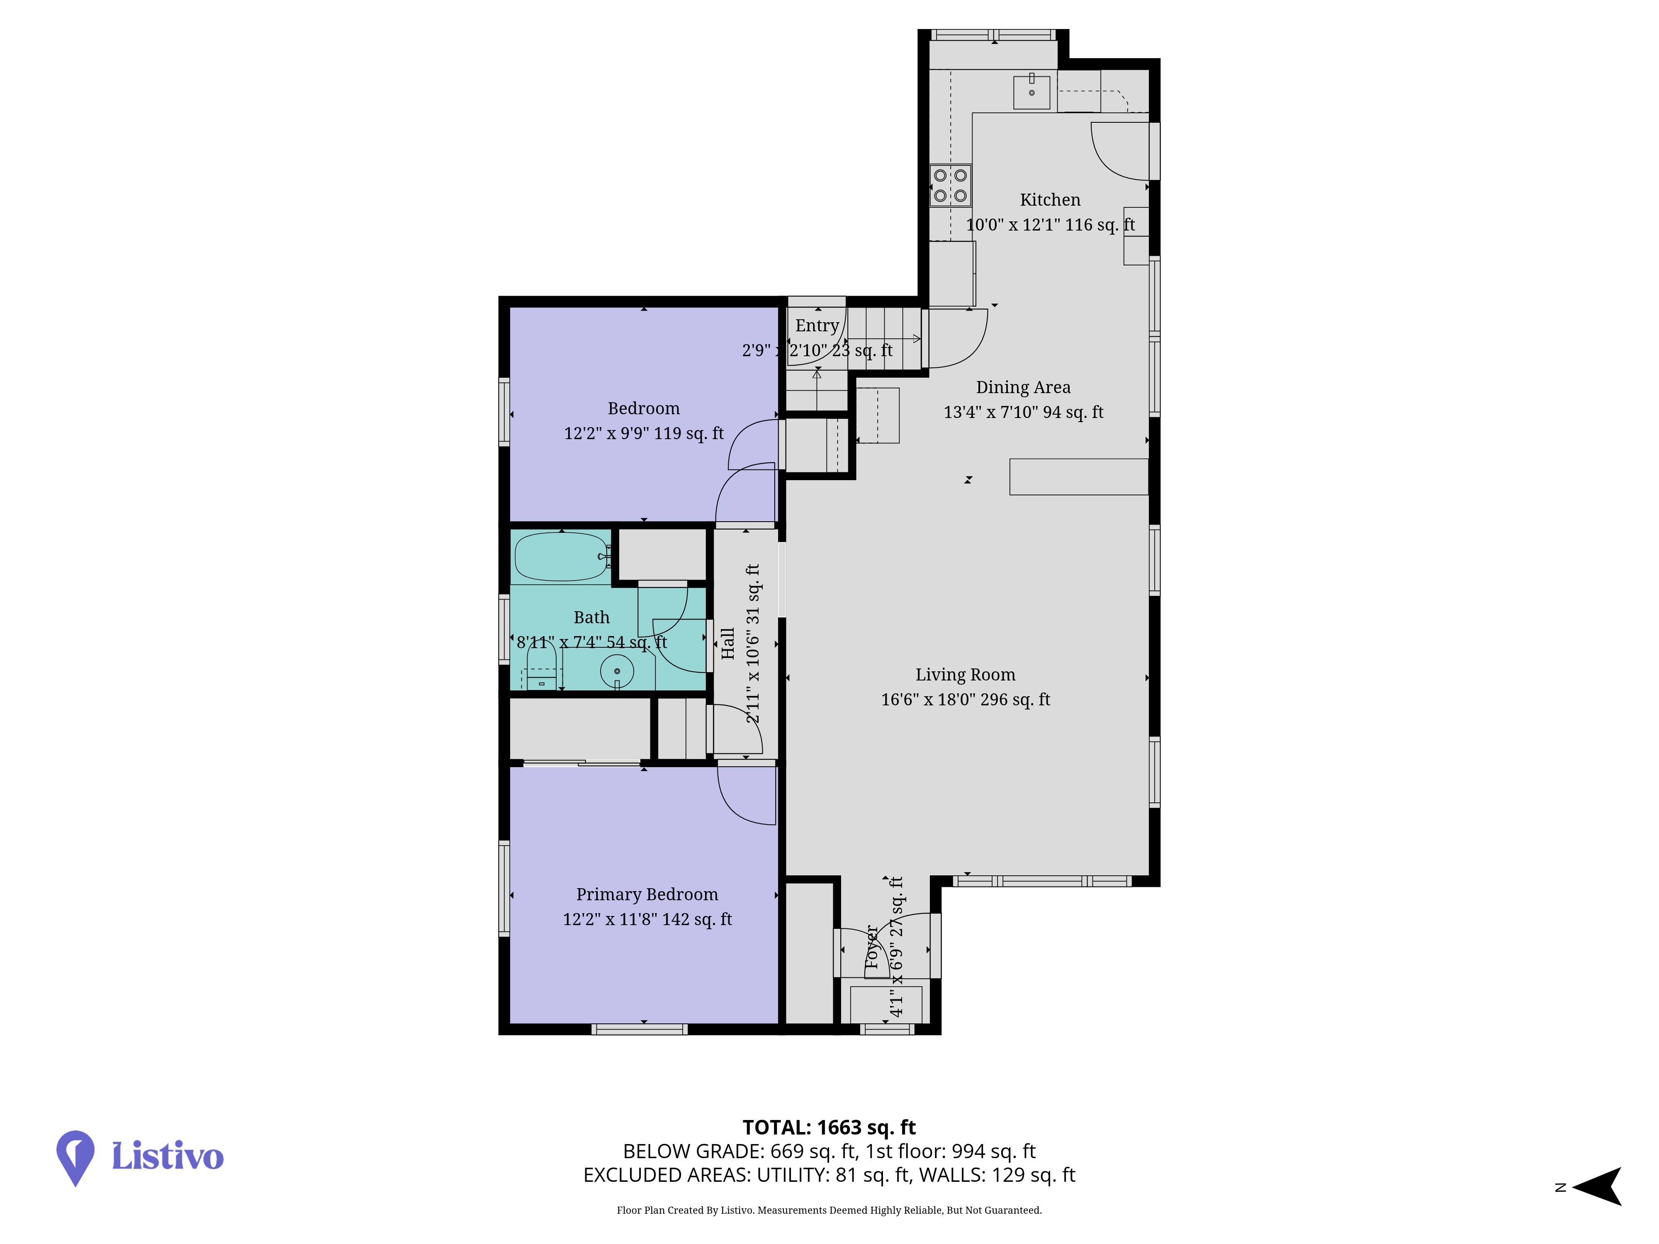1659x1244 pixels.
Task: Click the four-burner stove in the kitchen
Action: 950,185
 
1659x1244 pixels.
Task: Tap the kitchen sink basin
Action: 1032,92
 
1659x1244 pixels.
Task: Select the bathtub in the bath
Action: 561,556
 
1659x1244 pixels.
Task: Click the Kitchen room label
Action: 1050,199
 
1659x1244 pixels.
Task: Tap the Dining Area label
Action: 1023,387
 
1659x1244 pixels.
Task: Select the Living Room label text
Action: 965,674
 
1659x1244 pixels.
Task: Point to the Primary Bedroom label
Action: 647,894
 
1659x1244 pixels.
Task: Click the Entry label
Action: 817,326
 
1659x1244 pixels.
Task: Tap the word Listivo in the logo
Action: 167,1156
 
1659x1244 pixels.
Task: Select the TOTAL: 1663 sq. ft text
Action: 829,1127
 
